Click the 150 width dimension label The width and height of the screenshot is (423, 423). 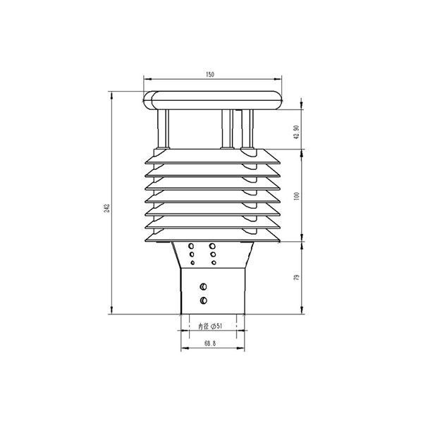pyautogui.click(x=210, y=74)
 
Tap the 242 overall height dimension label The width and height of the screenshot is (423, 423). pyautogui.click(x=106, y=208)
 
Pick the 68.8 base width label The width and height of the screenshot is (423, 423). pyautogui.click(x=210, y=343)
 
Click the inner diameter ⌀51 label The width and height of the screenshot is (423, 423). pyautogui.click(x=211, y=326)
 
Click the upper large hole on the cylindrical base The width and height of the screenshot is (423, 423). pyautogui.click(x=204, y=286)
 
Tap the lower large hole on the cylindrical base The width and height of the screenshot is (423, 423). pyautogui.click(x=204, y=301)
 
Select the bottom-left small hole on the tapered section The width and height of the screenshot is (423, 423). pyautogui.click(x=193, y=263)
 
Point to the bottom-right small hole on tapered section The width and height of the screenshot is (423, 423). pyautogui.click(x=212, y=263)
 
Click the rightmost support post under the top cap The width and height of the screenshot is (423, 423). pyautogui.click(x=247, y=129)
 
